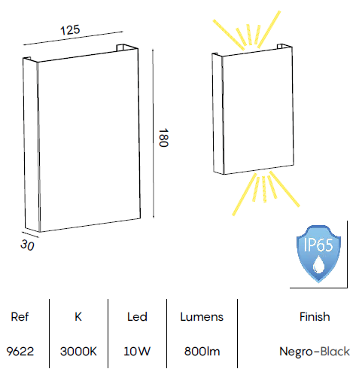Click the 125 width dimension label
pyautogui.click(x=70, y=30)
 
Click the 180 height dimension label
pyautogui.click(x=163, y=138)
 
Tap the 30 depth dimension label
pyautogui.click(x=27, y=245)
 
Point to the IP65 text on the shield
pyautogui.click(x=318, y=245)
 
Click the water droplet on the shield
pyautogui.click(x=318, y=265)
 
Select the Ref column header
pyautogui.click(x=20, y=317)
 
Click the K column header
pyautogui.click(x=78, y=317)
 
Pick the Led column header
pyautogui.click(x=137, y=317)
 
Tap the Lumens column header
pyautogui.click(x=202, y=317)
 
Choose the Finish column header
pyautogui.click(x=315, y=317)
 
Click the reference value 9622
pyautogui.click(x=20, y=352)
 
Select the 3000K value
pyautogui.click(x=78, y=352)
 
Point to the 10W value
pyautogui.click(x=137, y=352)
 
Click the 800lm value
pyautogui.click(x=202, y=352)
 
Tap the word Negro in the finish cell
pyautogui.click(x=296, y=352)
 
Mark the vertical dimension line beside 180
pyautogui.click(x=153, y=133)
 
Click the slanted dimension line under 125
pyautogui.click(x=73, y=38)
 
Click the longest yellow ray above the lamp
pyautogui.click(x=269, y=29)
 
